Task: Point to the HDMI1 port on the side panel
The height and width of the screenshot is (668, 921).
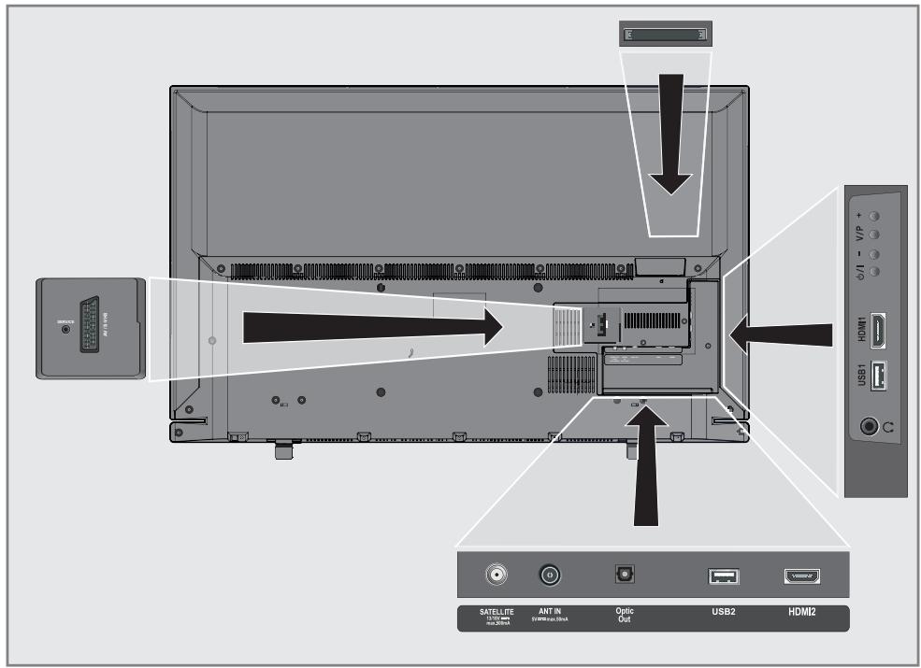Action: click(x=878, y=330)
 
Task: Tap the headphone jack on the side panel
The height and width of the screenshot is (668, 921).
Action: click(x=871, y=427)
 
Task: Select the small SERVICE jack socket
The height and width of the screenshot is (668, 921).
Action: click(x=65, y=330)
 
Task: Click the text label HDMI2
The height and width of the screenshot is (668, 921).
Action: click(x=802, y=615)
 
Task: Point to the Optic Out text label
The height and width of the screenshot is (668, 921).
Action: click(x=625, y=616)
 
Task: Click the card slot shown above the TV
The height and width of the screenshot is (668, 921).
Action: click(x=664, y=35)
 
